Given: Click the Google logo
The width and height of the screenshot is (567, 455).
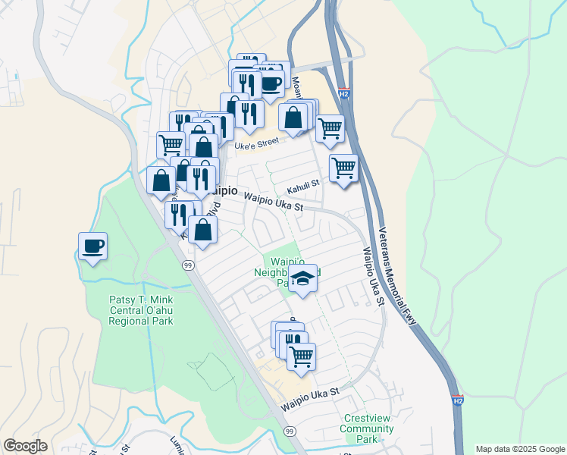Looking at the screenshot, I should pos(25,447).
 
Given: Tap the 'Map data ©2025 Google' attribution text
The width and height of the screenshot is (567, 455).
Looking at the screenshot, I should pos(520,449).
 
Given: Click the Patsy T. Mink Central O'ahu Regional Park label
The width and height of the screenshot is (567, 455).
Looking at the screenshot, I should pos(141,310).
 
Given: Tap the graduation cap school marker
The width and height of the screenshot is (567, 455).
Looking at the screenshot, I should pos(302,279).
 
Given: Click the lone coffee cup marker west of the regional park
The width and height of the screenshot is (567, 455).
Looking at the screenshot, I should pos(92,247).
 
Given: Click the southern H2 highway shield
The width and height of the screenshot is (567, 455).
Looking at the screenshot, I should pos(457,400).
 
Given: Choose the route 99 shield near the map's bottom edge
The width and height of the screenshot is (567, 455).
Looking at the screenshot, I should pos(289,431).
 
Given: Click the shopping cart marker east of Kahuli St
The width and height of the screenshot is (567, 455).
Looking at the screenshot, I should pos(344,169).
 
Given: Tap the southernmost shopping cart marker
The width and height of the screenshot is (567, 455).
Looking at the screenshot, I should pos(302,356).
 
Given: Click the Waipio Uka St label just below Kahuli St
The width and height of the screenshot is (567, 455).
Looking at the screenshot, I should pos(273,201).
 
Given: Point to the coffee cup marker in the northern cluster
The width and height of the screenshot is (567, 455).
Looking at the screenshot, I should pos(271,83).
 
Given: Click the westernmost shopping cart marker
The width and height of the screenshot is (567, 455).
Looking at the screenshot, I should pos(171,144).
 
